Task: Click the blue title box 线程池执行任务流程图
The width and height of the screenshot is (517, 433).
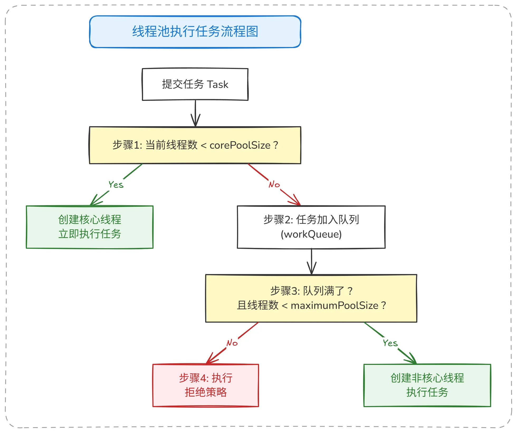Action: pos(195,32)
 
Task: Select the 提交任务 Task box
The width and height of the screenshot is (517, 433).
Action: pos(195,84)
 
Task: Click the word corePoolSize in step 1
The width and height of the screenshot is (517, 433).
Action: pos(240,145)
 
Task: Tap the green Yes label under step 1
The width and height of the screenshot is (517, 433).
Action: pos(116,185)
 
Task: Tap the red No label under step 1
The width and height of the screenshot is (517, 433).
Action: pos(274,184)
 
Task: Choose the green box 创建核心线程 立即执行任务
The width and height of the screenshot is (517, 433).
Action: pos(90,227)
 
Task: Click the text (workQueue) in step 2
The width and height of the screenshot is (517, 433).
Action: pos(311,234)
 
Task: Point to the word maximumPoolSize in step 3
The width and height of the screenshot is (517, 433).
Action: pos(334,305)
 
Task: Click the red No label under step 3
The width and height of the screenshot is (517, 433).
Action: pos(232,343)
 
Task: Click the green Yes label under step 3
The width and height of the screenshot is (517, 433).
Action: pos(390,343)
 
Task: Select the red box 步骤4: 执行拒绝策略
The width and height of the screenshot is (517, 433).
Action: pos(206,385)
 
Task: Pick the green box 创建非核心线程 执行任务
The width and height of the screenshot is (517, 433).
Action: pos(427,385)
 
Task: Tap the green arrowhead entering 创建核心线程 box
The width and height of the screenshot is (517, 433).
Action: pos(94,202)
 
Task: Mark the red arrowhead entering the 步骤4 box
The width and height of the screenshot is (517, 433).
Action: pos(210,360)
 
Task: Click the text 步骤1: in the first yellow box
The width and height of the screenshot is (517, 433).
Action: pos(127,145)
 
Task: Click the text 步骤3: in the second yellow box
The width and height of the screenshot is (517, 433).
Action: pos(285,291)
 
